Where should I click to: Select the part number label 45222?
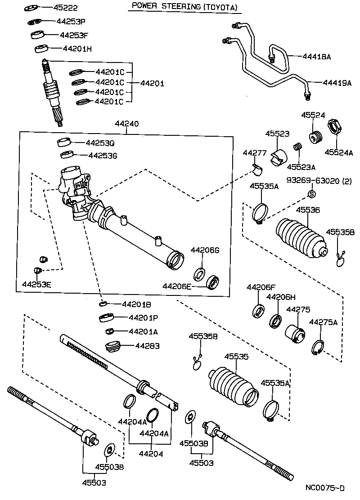click(54, 8)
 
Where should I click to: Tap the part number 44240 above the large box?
click(126, 123)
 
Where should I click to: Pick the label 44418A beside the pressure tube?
click(316, 57)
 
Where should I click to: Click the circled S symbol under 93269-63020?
click(310, 194)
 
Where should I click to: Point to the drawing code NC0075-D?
click(325, 488)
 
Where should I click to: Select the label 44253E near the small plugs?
click(37, 284)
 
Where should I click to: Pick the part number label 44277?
click(255, 153)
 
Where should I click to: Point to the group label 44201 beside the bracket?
click(152, 83)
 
